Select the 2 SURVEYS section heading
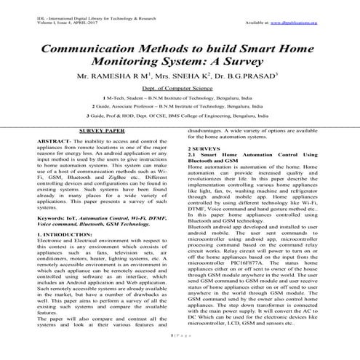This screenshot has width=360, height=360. tap(204, 169)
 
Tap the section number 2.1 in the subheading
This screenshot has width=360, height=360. tap(192, 175)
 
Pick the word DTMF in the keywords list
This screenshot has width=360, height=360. tap(156, 238)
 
